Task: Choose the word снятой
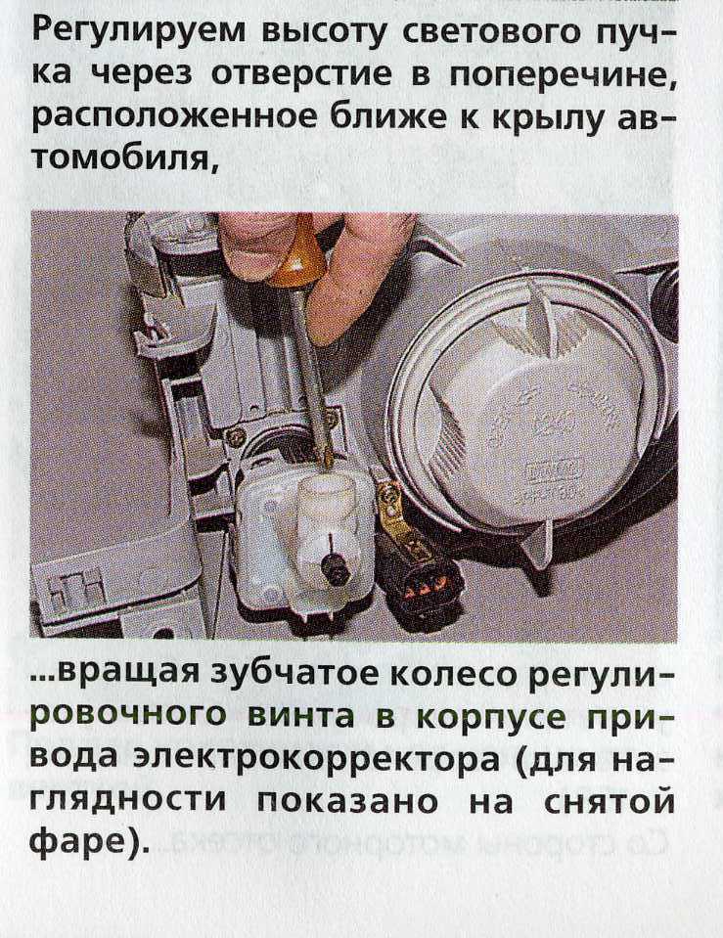(x=609, y=803)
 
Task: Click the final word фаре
(x=78, y=842)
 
